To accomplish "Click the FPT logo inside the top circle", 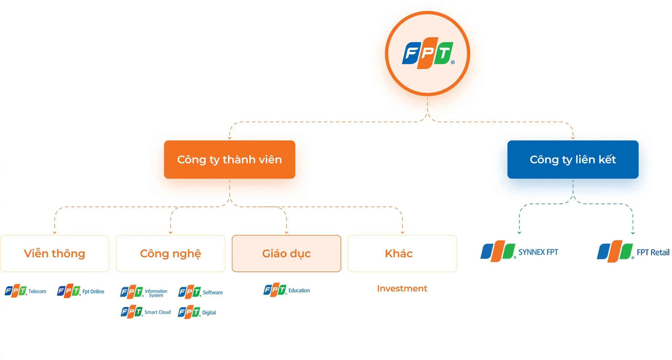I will [427, 53].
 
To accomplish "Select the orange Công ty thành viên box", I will [229, 160].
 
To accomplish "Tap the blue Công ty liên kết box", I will [573, 160].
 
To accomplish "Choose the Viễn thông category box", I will [55, 253].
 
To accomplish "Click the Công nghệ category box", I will [170, 253].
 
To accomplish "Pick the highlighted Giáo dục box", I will [286, 253].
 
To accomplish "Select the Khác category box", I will [402, 253].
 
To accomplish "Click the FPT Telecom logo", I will [25, 291].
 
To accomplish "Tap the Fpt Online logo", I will [81, 291].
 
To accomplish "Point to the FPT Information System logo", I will [144, 292].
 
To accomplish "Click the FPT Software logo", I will [200, 292].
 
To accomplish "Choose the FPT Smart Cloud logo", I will [146, 312].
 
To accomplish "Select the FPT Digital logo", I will [197, 312].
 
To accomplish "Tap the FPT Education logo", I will [286, 290].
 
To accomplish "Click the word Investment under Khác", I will [402, 289].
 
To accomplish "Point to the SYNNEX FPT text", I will [538, 252].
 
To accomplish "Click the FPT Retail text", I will [653, 252].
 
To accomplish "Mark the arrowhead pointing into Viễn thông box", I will [55, 232].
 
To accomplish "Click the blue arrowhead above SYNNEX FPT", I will [519, 232].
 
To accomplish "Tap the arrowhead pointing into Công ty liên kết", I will [573, 138].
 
